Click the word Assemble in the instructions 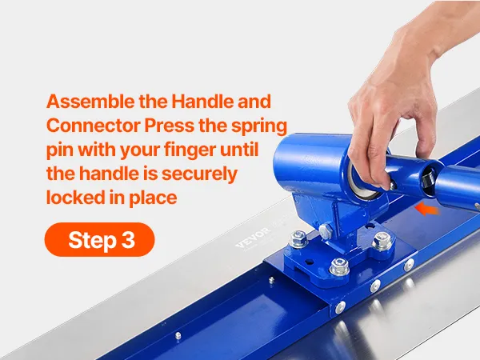[x=90, y=102]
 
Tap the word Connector [x=94, y=126]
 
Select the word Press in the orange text [x=169, y=126]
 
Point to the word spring [x=259, y=126]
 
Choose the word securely [x=199, y=174]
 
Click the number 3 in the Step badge [x=128, y=240]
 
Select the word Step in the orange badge [x=92, y=241]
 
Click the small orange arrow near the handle [x=426, y=209]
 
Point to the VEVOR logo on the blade [x=254, y=237]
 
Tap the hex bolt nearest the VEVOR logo [x=298, y=238]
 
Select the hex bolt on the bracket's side [x=326, y=230]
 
